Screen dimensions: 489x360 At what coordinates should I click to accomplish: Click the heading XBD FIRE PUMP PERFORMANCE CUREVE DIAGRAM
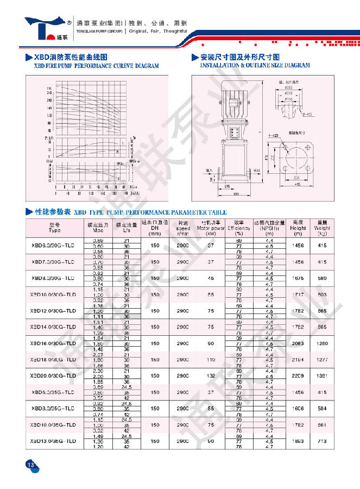point(96,66)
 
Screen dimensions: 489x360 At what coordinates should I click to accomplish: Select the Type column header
point(55,228)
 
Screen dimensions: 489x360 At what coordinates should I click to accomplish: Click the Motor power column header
point(210,228)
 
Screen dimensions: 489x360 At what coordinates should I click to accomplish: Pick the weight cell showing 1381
point(322,375)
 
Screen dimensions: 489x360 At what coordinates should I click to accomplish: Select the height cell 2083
point(298,343)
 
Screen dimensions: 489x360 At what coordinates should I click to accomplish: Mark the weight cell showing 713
point(322,441)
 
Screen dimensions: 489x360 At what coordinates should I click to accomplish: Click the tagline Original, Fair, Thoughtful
point(158,31)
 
